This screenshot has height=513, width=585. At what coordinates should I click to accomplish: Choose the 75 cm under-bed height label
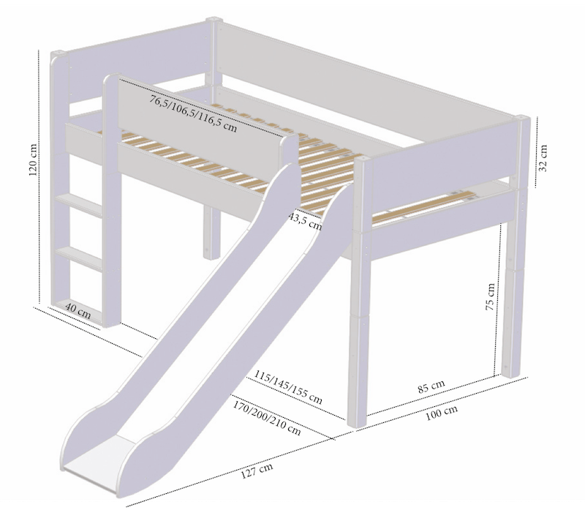(491, 296)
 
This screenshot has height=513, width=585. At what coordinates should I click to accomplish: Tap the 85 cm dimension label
(431, 386)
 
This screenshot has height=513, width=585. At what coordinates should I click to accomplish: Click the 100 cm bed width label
(442, 413)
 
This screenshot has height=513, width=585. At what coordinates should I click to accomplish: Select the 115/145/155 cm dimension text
(288, 387)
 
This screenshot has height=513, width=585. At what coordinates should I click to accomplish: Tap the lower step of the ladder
(78, 256)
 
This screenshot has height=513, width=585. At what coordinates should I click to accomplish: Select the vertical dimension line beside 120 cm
(40, 176)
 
